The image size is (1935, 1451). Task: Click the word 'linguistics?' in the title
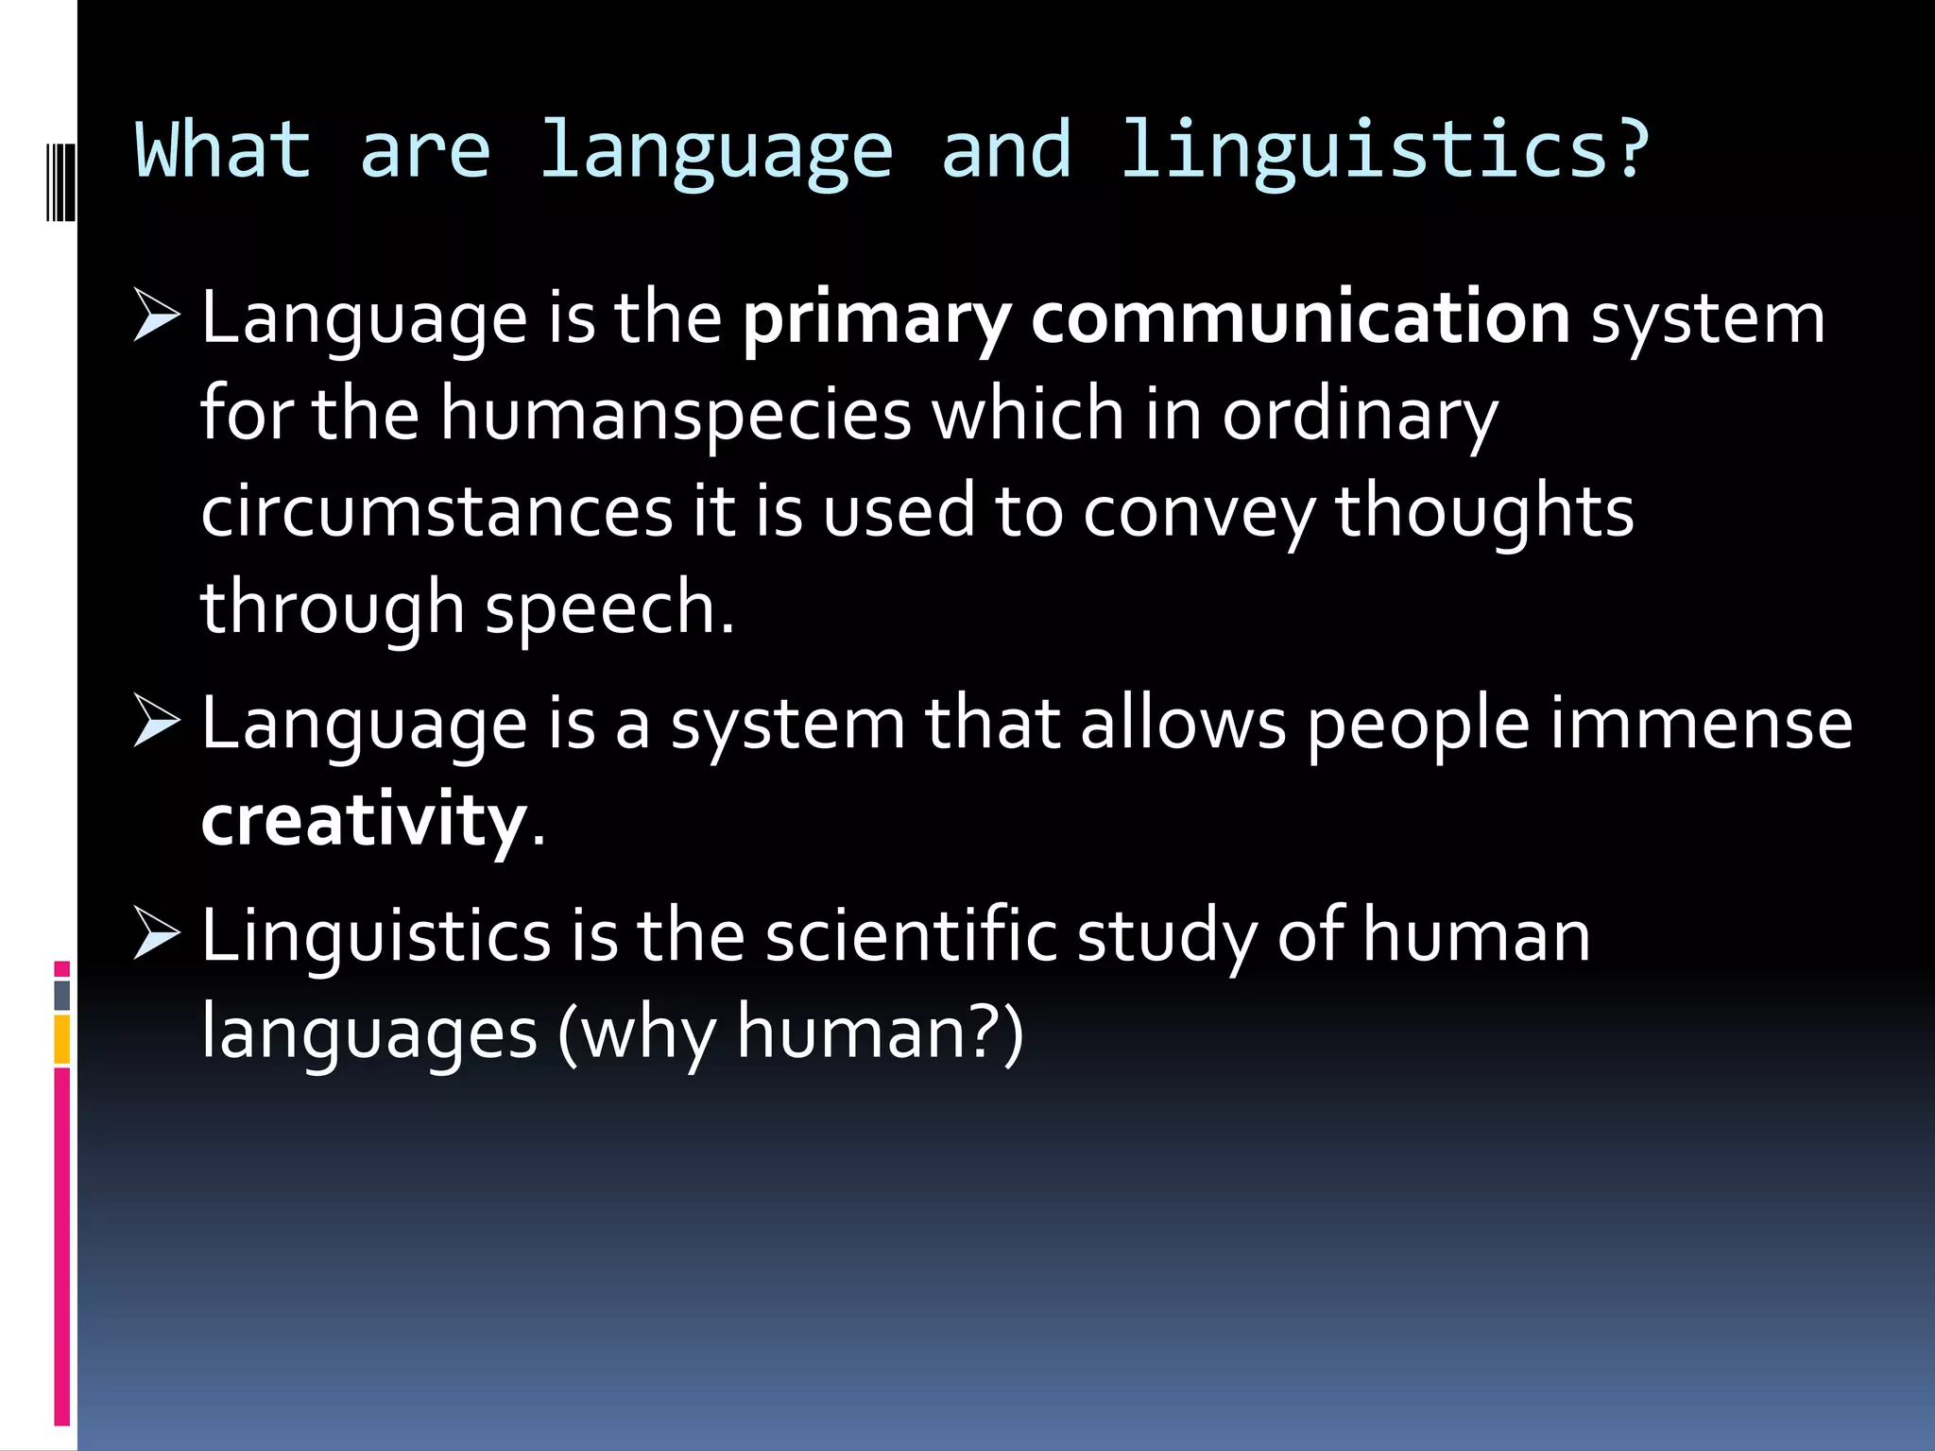tap(1383, 151)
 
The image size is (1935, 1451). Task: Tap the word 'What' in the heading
tap(223, 151)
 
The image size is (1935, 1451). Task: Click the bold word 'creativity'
tap(364, 820)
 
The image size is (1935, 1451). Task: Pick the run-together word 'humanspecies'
tap(676, 416)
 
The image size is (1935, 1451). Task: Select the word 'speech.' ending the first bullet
tap(609, 608)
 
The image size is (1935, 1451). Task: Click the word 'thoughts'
tap(1483, 511)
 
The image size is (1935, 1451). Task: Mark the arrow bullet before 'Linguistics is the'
tap(156, 932)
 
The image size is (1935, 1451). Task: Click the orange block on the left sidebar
tap(62, 1039)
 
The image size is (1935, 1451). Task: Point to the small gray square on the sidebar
tap(62, 995)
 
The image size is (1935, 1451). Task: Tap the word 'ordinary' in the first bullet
tap(1361, 416)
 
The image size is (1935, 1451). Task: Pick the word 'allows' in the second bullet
tap(1183, 724)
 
